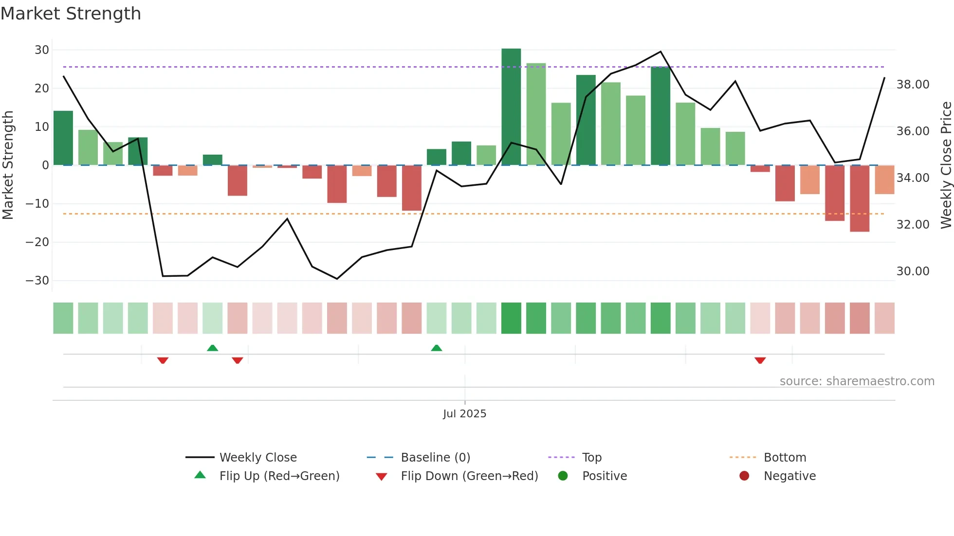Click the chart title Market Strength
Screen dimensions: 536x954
[71, 14]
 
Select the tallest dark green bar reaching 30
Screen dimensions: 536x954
[511, 107]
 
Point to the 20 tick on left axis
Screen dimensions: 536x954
[42, 89]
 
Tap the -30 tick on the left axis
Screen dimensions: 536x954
[38, 281]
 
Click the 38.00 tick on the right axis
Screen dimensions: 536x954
[913, 85]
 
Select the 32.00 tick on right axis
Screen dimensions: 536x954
[913, 225]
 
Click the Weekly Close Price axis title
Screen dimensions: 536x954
[946, 165]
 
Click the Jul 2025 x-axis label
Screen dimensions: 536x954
[464, 414]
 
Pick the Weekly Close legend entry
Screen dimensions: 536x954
[257, 458]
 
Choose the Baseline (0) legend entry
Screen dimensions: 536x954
[435, 458]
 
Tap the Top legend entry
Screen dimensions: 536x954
[591, 458]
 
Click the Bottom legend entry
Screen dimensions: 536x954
[785, 458]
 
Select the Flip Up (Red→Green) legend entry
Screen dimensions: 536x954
[279, 476]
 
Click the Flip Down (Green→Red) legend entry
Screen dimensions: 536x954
[469, 476]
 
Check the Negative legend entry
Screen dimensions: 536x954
[789, 476]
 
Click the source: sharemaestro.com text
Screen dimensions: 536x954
[857, 381]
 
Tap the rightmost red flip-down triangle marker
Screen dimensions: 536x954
[760, 360]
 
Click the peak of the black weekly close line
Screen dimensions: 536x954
[660, 52]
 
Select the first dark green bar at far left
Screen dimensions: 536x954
[63, 138]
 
